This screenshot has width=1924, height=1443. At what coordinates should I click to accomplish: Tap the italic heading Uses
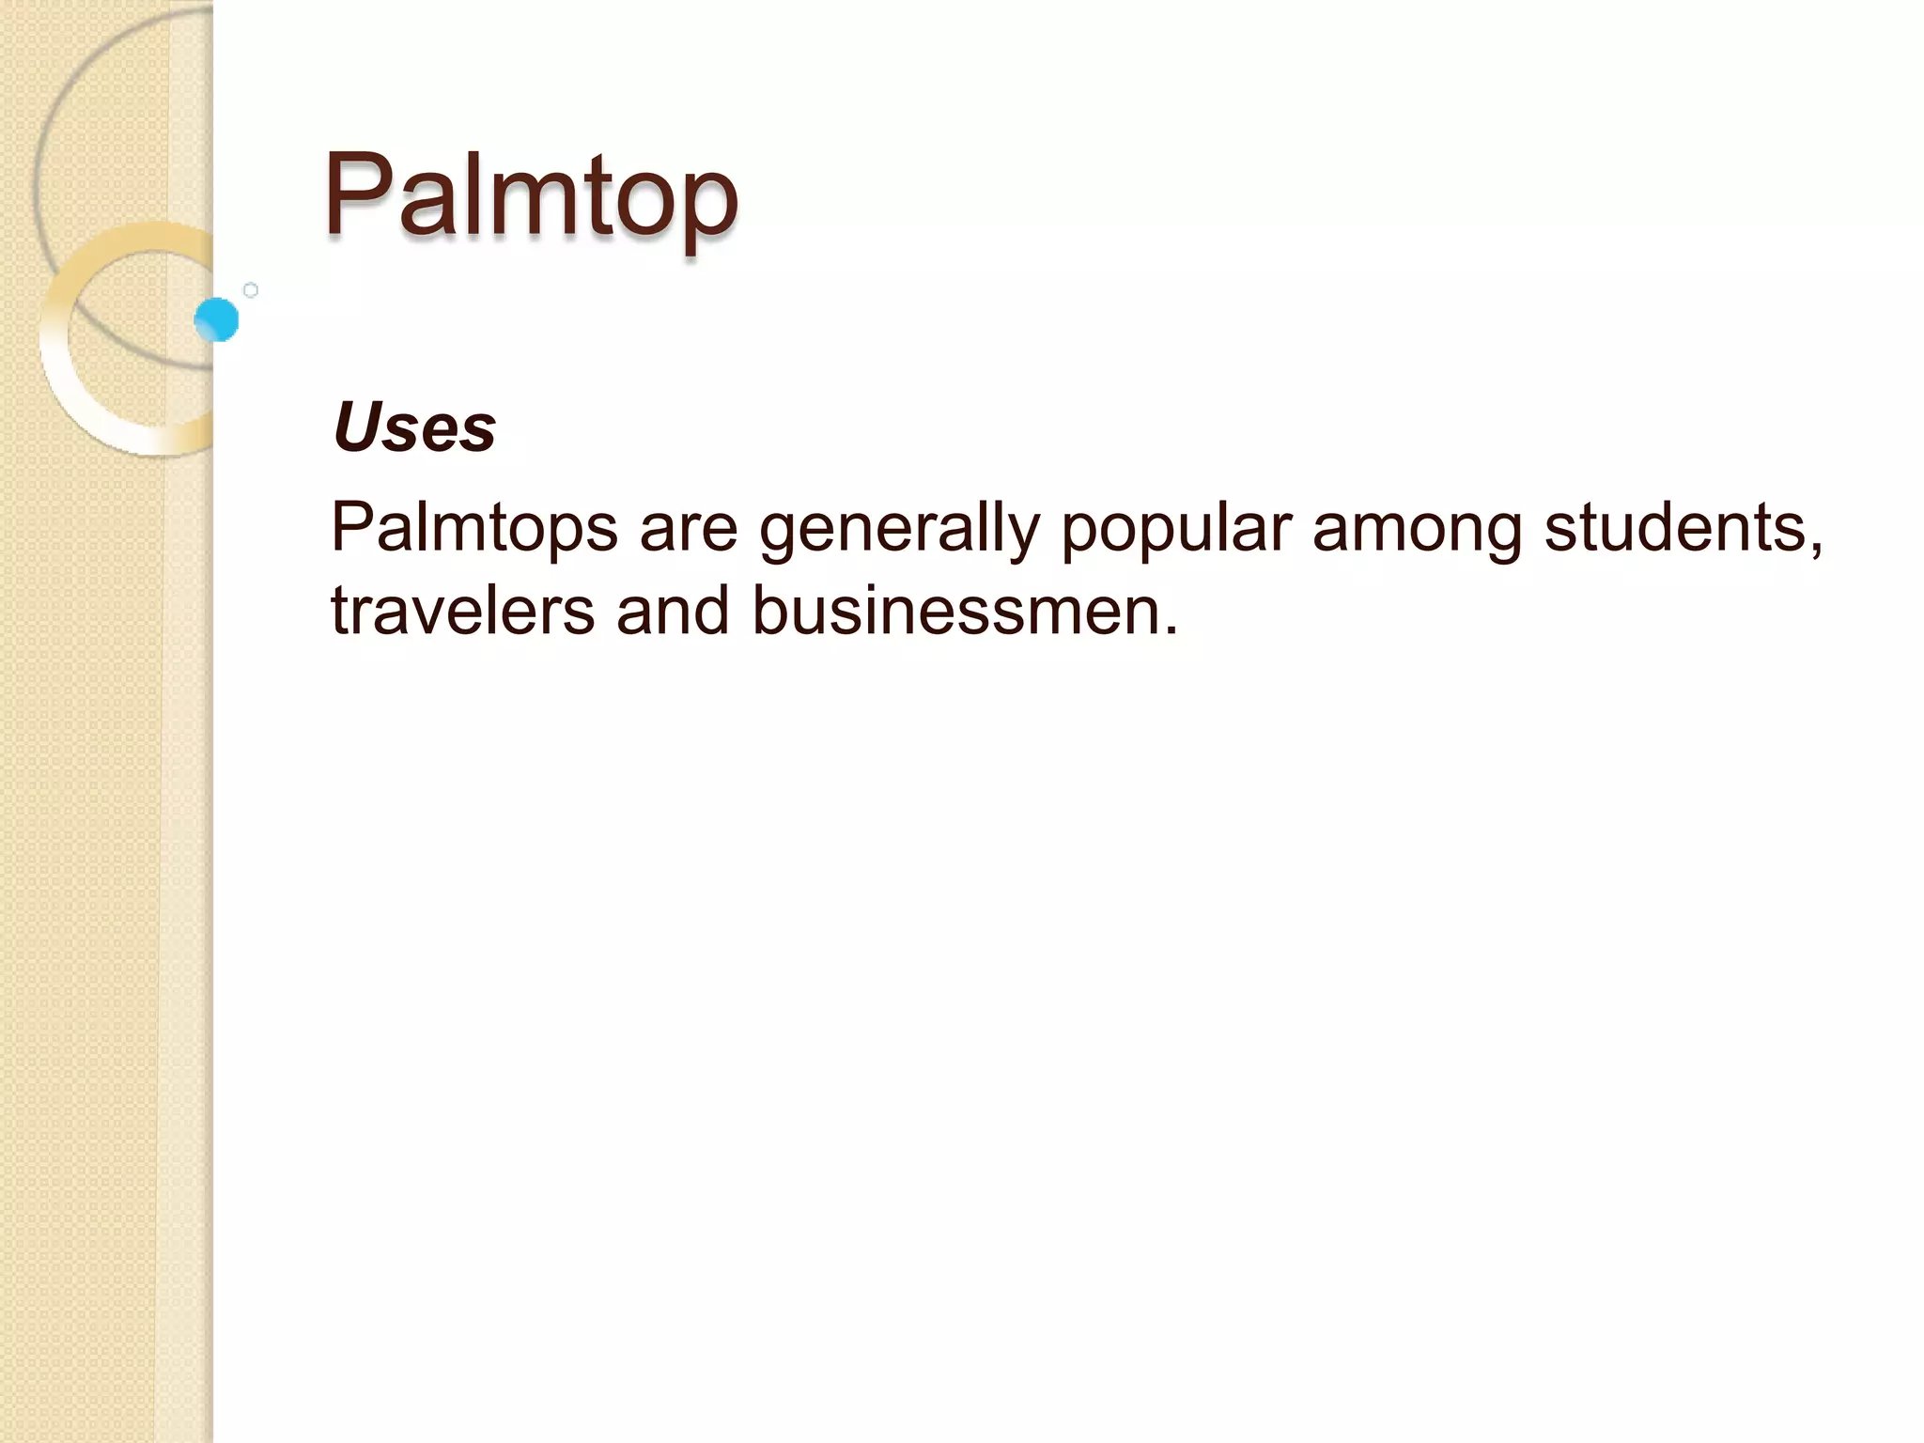(414, 428)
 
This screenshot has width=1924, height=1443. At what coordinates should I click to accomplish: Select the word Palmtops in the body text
(474, 528)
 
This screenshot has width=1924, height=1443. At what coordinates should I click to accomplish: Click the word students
(1677, 528)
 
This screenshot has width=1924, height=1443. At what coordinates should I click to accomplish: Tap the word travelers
(463, 611)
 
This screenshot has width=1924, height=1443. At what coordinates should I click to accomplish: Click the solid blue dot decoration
(217, 319)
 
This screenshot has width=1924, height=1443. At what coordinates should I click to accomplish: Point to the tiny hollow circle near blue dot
(251, 290)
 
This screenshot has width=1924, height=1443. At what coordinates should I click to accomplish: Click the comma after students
(1817, 549)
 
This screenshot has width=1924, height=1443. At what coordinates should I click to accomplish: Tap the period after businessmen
(1171, 631)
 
